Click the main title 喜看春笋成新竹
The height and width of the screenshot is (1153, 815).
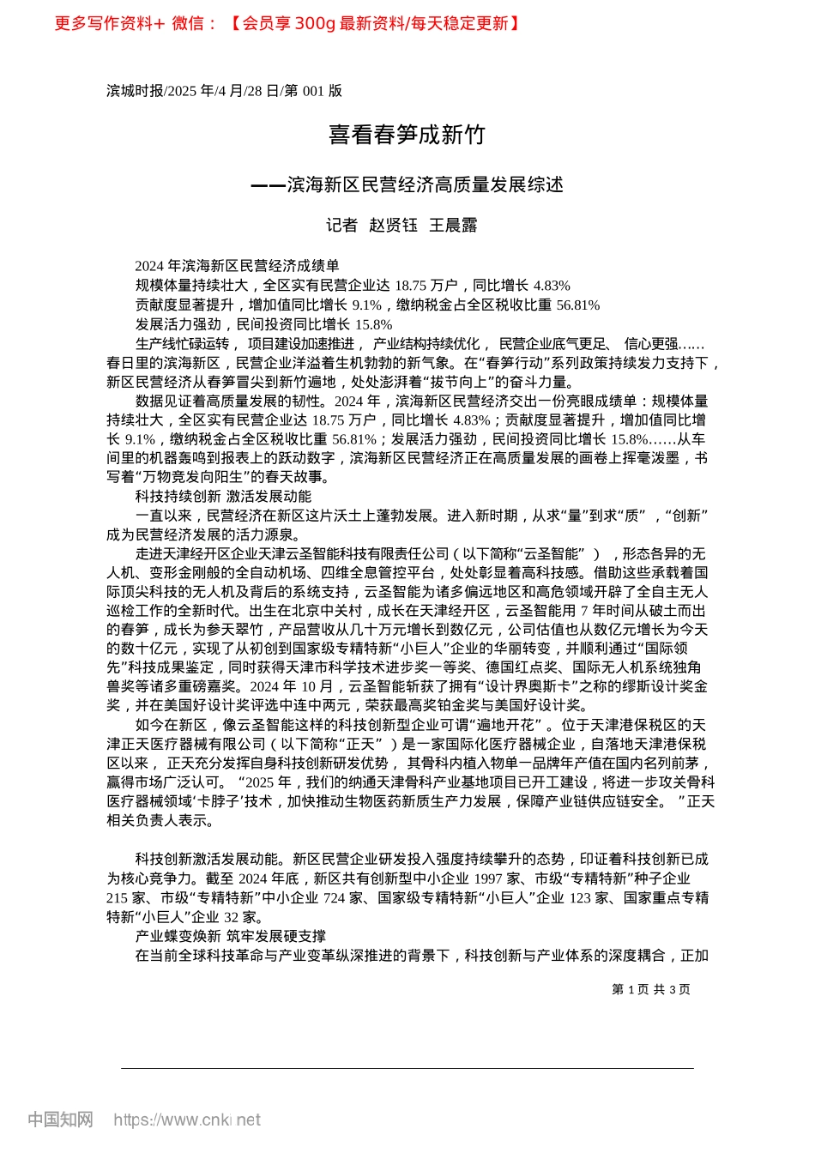pyautogui.click(x=407, y=135)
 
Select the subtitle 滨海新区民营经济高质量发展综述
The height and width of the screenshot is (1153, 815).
pyautogui.click(x=425, y=184)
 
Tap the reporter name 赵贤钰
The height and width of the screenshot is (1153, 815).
pyautogui.click(x=393, y=226)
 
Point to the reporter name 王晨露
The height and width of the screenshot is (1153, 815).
pyautogui.click(x=453, y=226)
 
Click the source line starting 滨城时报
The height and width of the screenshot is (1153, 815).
pyautogui.click(x=224, y=91)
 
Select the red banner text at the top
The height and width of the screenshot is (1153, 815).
pyautogui.click(x=287, y=23)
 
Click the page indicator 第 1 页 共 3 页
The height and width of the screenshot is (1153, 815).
pyautogui.click(x=651, y=989)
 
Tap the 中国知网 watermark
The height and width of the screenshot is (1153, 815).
pyautogui.click(x=60, y=1120)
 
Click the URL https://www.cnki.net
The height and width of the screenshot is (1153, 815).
pyautogui.click(x=187, y=1120)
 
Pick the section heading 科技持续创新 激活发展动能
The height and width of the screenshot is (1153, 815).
pyautogui.click(x=223, y=497)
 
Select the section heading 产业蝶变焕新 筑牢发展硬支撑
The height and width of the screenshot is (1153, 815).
pyautogui.click(x=230, y=936)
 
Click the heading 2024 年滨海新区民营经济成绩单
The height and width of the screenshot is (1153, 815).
pyautogui.click(x=237, y=266)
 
